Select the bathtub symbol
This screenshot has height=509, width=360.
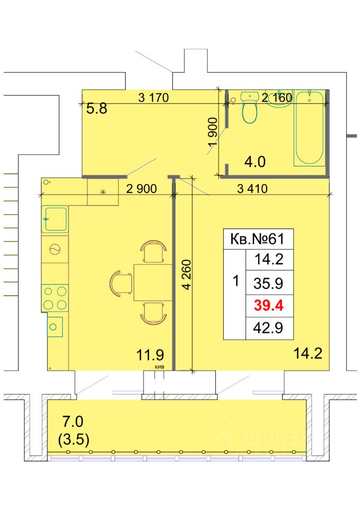(309, 128)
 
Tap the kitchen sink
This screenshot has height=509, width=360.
(55, 219)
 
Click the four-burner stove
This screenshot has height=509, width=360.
(55, 297)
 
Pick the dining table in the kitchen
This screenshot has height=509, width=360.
(153, 283)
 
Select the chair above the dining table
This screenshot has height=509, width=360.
(153, 251)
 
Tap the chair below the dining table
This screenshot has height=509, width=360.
(153, 313)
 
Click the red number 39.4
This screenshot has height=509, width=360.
(268, 305)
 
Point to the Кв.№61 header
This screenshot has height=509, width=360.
(257, 239)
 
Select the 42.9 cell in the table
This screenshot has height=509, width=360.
(268, 328)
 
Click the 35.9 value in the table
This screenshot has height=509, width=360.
(268, 283)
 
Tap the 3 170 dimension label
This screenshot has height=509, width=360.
(153, 97)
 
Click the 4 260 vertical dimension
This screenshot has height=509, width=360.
(187, 275)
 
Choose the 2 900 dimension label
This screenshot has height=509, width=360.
(141, 188)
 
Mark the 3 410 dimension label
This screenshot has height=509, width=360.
(252, 188)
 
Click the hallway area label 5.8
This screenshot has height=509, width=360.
(96, 108)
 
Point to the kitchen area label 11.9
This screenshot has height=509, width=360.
(150, 355)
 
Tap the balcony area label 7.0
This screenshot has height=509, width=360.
(73, 422)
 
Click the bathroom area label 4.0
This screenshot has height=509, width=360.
(255, 161)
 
